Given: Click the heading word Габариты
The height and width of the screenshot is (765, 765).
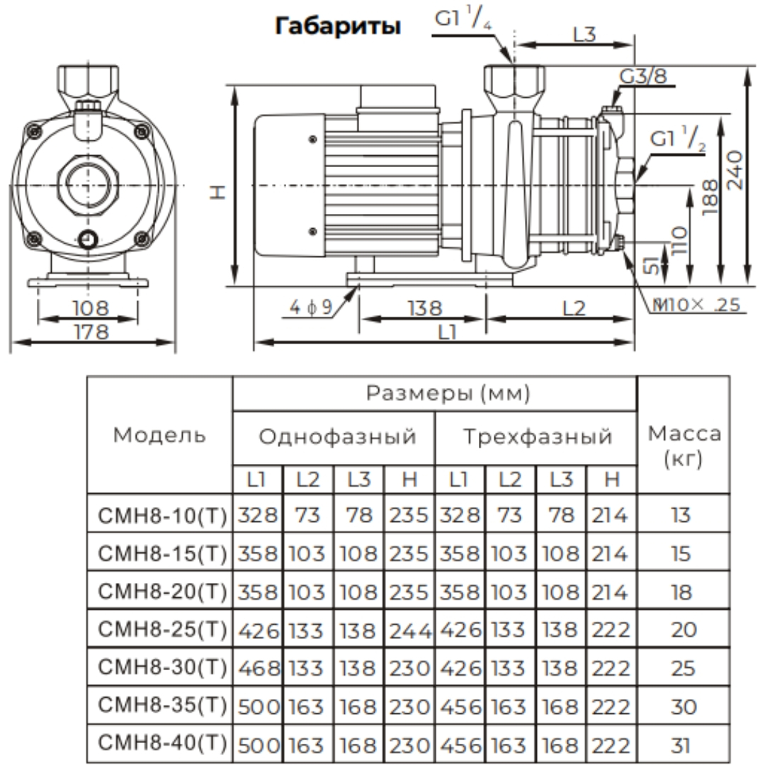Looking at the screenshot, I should (338, 27).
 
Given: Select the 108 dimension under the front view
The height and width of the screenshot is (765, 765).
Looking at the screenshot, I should (91, 308).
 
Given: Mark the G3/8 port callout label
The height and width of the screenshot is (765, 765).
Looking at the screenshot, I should (643, 76).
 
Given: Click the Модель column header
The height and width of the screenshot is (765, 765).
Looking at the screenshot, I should (160, 435).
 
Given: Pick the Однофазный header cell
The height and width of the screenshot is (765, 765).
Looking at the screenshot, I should (337, 437).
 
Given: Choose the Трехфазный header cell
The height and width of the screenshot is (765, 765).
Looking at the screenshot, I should (538, 437).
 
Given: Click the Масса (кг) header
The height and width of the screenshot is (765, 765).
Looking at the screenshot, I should (684, 446).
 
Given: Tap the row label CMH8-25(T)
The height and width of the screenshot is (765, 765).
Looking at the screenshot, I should (160, 629).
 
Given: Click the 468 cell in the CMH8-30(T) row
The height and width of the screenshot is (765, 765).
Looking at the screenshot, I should (257, 668).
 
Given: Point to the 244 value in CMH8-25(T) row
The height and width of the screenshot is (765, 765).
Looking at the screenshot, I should (409, 629).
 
